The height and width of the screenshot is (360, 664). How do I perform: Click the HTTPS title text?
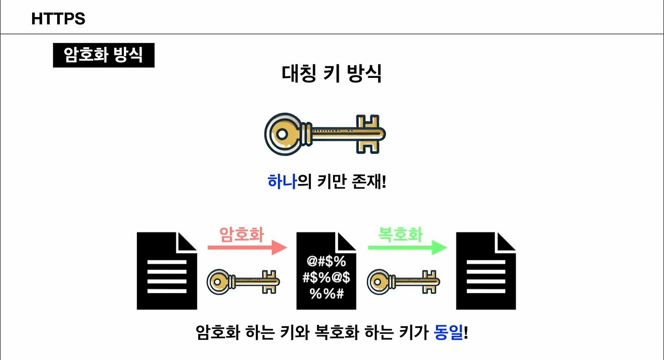coord(58,19)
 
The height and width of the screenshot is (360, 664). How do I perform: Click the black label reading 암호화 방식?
coord(104,55)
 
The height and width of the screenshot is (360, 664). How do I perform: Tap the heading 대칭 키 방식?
coord(331,74)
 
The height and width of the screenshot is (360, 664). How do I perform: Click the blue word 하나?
coord(282,182)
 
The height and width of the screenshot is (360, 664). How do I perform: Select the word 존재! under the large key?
coord(369,182)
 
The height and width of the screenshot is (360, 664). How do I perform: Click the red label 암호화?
coord(242,234)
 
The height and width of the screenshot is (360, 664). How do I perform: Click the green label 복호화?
coord(400,234)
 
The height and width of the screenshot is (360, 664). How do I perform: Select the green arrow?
coord(407,248)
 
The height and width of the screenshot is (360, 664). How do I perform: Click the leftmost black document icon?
coord(167,271)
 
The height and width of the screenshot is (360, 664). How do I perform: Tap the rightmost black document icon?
coord(486,271)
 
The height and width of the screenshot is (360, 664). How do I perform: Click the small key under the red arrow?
coord(243,282)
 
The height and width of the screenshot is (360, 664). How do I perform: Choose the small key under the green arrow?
coord(404,282)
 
